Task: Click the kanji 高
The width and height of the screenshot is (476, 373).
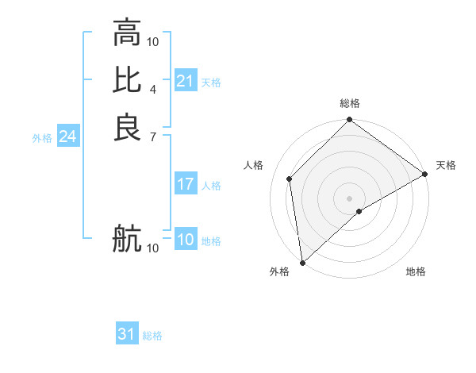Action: [127, 33]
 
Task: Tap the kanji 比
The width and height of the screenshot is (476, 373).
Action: [127, 80]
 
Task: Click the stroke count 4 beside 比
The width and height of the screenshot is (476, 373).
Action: [153, 89]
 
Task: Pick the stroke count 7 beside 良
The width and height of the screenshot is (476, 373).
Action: [153, 136]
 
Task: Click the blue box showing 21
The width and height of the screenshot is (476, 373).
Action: [185, 81]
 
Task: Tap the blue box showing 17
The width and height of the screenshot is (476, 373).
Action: [185, 184]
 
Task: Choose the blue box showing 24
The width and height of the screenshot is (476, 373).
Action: [67, 137]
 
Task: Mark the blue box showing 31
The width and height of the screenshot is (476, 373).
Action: [127, 334]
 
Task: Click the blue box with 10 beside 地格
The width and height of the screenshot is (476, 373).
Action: [185, 240]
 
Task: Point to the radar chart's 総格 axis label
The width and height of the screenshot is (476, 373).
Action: [350, 104]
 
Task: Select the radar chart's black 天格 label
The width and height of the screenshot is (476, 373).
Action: [446, 165]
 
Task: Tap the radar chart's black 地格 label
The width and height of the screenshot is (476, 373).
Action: [416, 272]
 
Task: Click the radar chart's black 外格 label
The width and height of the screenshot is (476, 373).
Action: [279, 272]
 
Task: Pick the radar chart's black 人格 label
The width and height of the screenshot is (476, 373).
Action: [253, 165]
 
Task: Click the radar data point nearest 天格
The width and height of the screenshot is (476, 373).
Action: [425, 174]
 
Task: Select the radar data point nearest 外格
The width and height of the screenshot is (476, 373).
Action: [302, 262]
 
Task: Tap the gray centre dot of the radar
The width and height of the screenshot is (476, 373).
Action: [350, 198]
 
